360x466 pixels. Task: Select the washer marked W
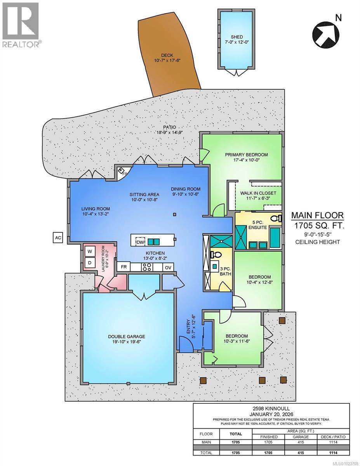point(89,252)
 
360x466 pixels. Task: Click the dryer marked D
point(89,263)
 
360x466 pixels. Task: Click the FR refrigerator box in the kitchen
point(124,267)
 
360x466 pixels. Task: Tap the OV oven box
point(168,267)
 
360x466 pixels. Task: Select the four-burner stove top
point(147,267)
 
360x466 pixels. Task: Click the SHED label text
point(237,37)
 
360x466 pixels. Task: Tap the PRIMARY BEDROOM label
point(246,155)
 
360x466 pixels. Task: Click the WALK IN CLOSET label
point(258,193)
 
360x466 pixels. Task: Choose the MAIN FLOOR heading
point(317,215)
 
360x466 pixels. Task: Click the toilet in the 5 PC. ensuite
point(277,218)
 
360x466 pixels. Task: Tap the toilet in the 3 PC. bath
point(216,255)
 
